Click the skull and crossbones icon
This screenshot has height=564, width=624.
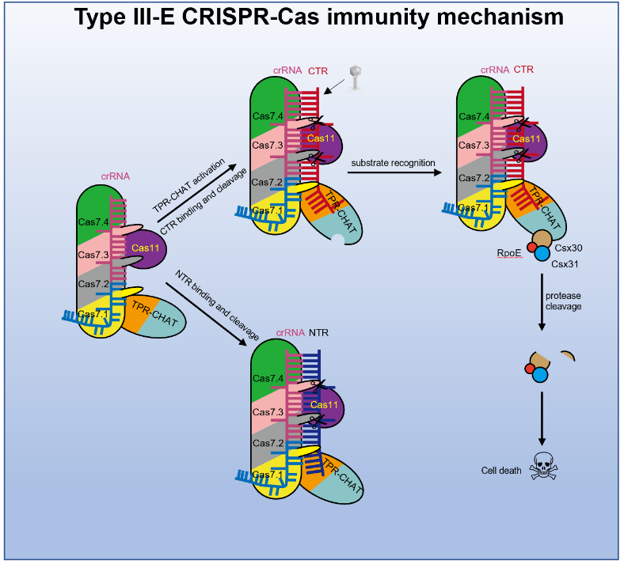pos(543,466)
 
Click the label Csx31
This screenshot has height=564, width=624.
pos(565,263)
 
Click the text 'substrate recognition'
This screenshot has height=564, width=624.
pos(393,163)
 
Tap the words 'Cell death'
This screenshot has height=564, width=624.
pos(501,470)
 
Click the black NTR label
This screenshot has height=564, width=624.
pos(318,334)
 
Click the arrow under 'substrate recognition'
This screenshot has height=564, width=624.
pos(393,173)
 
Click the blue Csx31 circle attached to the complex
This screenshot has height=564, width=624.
pos(542,254)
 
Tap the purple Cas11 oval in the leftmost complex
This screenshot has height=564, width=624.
pos(145,248)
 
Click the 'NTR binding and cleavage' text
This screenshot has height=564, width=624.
pos(211,305)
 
